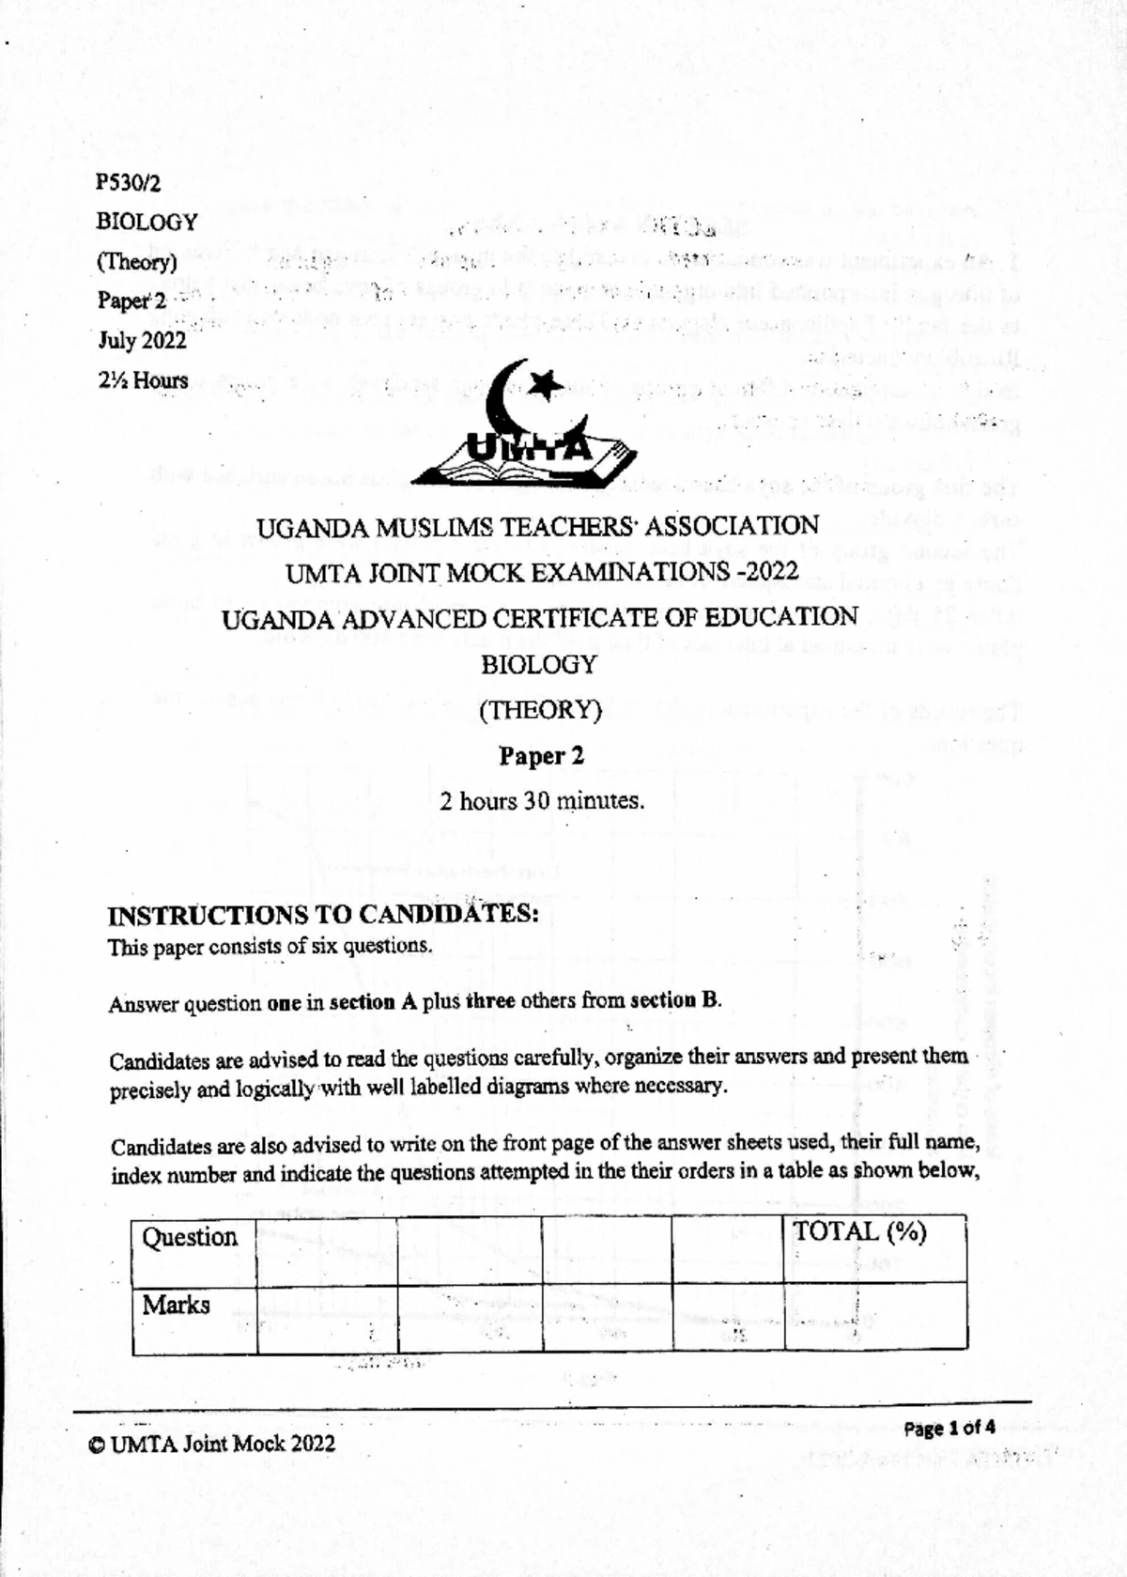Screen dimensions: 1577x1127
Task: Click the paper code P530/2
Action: tap(128, 182)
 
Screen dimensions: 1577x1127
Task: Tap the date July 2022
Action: tap(142, 340)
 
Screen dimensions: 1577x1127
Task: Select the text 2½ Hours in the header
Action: tap(142, 380)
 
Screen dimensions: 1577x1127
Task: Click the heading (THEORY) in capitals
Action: tap(540, 710)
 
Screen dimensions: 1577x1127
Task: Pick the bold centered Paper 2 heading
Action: tap(541, 756)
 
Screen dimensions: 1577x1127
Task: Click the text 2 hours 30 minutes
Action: tap(542, 801)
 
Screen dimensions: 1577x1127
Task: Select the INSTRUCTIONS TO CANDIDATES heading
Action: tap(323, 915)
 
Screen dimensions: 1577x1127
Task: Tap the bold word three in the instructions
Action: tap(490, 1001)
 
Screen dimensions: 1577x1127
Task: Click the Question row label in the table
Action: tap(189, 1237)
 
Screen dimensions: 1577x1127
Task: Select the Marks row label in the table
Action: tap(176, 1305)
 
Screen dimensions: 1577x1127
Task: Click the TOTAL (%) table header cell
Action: tap(859, 1232)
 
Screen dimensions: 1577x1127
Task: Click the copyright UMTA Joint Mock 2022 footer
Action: tap(212, 1444)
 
